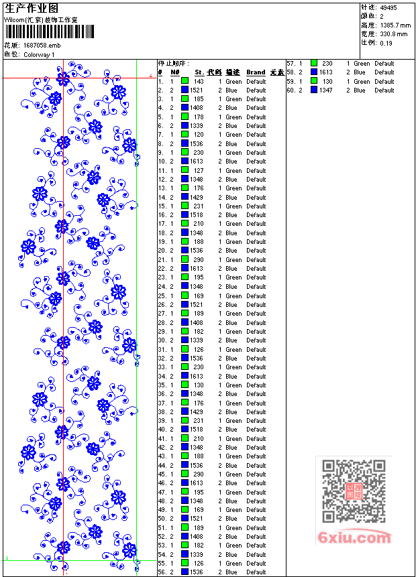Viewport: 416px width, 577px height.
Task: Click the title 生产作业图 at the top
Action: coord(32,8)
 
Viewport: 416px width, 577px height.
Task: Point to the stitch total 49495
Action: coord(388,8)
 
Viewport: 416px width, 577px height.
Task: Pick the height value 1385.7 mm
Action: coord(395,25)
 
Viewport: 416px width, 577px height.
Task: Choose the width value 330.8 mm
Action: coord(393,34)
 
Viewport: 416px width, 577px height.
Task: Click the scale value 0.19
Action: coord(386,43)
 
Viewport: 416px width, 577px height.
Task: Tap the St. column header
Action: coord(199,72)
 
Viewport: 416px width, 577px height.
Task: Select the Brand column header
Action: coord(256,72)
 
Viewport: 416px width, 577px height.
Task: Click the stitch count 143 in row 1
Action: coord(199,81)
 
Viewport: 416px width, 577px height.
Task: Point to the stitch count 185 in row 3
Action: coord(199,99)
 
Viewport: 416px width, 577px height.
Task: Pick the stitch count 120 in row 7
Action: coord(199,135)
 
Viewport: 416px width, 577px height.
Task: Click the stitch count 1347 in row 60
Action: coord(325,90)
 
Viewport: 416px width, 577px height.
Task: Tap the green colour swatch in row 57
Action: coord(313,64)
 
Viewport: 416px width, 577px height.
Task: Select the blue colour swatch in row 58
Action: coord(313,72)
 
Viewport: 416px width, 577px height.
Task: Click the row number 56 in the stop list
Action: coord(162,572)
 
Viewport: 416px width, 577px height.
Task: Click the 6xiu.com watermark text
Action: coord(355,538)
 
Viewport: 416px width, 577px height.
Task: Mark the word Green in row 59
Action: coord(362,82)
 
